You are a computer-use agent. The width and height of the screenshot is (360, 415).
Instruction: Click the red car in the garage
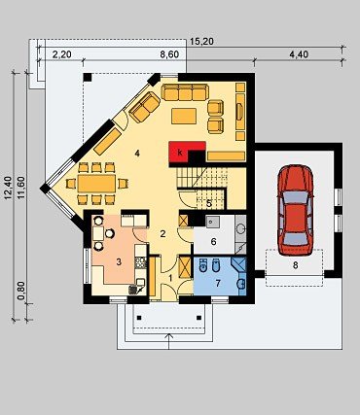[x=295, y=211]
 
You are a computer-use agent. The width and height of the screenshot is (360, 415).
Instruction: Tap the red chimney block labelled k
[x=183, y=152]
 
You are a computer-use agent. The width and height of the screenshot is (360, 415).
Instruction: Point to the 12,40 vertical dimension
[x=9, y=188]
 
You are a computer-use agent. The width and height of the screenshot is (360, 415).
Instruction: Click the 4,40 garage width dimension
[x=299, y=54]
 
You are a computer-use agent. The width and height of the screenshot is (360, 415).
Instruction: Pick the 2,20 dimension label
[x=61, y=54]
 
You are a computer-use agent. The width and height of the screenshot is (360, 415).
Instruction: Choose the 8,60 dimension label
[x=169, y=54]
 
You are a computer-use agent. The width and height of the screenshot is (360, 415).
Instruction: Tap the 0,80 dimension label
[x=21, y=292]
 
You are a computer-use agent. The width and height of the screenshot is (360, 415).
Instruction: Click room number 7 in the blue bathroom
[x=218, y=283]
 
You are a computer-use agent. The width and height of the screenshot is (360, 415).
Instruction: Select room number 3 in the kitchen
[x=119, y=261]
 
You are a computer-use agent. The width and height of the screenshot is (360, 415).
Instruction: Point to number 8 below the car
[x=295, y=265]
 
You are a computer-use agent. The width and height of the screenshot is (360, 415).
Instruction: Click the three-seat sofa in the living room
[x=185, y=92]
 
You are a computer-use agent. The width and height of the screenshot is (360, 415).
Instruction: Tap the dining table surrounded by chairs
[x=96, y=184]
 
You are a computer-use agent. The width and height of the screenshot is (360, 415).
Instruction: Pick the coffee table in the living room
[x=184, y=116]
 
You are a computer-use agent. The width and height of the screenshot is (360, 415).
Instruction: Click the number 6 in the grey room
[x=213, y=242]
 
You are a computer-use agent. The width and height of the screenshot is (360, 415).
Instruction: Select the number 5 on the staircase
[x=209, y=204]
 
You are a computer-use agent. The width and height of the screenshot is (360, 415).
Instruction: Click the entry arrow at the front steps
[x=169, y=341]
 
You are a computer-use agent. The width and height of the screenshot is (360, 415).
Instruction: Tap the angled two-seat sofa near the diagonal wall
[x=145, y=107]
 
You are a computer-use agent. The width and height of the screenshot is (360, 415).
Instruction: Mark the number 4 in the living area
[x=137, y=154]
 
